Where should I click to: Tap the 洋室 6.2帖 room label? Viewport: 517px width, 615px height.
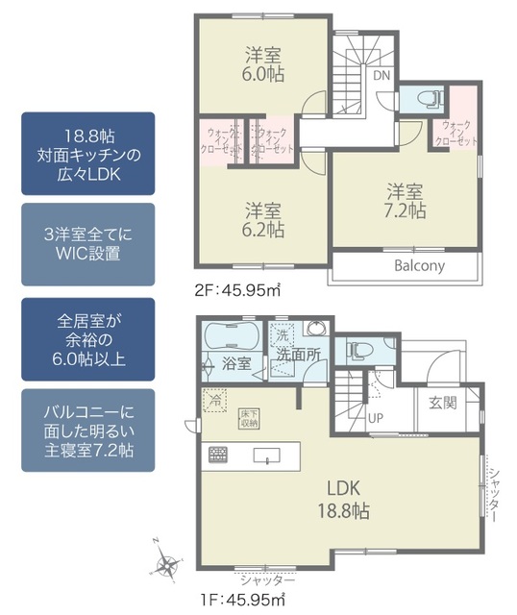pyautogui.click(x=262, y=220)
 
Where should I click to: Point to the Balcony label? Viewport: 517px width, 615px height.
pyautogui.click(x=419, y=266)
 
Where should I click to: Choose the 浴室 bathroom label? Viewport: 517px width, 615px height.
pyautogui.click(x=237, y=364)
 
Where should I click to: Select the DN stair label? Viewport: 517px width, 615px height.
pyautogui.click(x=382, y=76)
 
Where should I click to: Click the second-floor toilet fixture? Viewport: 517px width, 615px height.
pyautogui.click(x=419, y=99)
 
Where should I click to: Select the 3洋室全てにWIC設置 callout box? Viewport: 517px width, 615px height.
pyautogui.click(x=87, y=243)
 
